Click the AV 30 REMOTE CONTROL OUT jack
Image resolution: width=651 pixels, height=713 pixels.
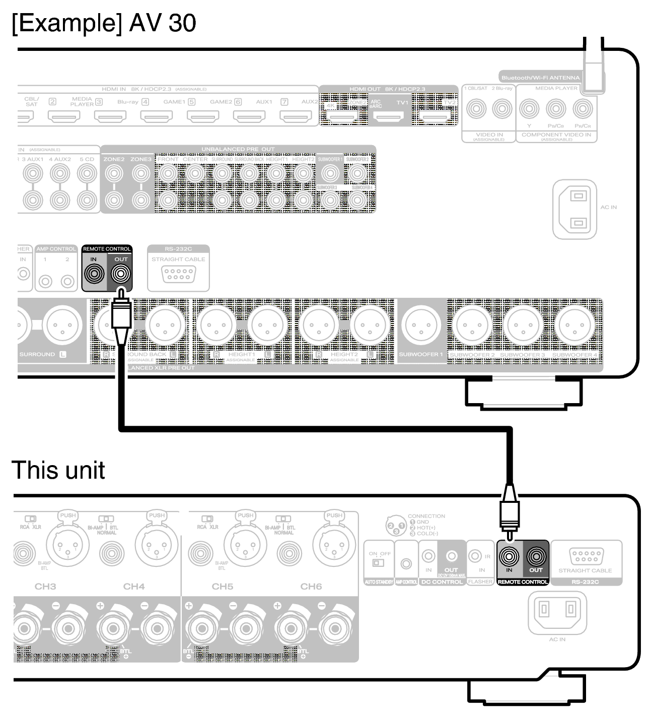pyautogui.click(x=120, y=275)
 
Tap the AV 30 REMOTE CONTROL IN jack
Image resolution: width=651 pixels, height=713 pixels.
pyautogui.click(x=94, y=275)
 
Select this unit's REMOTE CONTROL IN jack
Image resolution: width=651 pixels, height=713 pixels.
pyautogui.click(x=509, y=556)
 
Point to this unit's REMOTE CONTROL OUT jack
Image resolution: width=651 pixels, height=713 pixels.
pyautogui.click(x=536, y=556)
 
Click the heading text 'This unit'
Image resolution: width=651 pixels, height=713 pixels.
pyautogui.click(x=58, y=470)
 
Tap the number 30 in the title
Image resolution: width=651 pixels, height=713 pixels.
pyautogui.click(x=182, y=23)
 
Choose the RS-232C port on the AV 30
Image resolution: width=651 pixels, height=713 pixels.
pyautogui.click(x=178, y=274)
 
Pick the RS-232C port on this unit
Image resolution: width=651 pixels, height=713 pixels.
pyautogui.click(x=585, y=557)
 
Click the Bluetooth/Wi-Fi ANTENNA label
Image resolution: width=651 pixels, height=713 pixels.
pyautogui.click(x=540, y=78)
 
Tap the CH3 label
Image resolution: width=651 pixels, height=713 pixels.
pyautogui.click(x=45, y=587)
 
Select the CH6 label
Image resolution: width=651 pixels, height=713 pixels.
pyautogui.click(x=311, y=587)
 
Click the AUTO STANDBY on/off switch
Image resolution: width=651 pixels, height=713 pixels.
pyautogui.click(x=379, y=562)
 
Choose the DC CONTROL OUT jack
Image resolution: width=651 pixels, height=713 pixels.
pyautogui.click(x=452, y=556)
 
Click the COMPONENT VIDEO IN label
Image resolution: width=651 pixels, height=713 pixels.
pyautogui.click(x=556, y=135)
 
